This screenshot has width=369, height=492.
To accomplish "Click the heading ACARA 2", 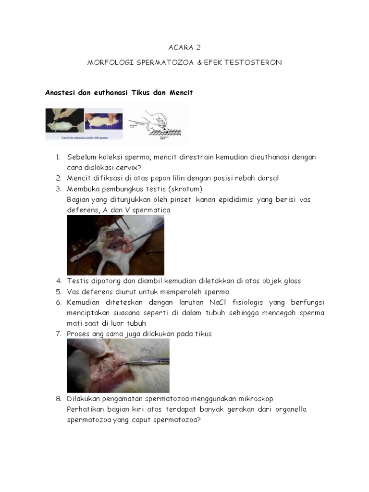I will click(x=184, y=48).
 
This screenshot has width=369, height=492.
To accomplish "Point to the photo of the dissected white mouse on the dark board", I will click(x=115, y=245).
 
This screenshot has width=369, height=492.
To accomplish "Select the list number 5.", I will click(x=58, y=292).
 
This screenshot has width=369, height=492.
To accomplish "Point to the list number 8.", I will click(x=58, y=399).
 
